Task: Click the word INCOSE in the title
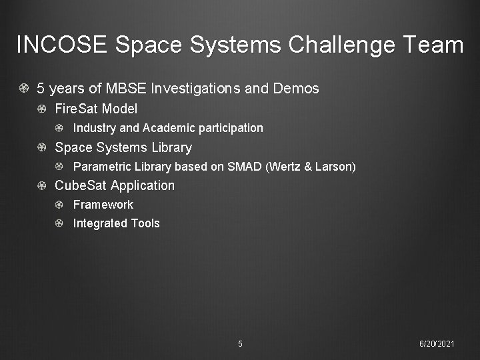coord(61,45)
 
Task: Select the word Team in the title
coord(433,45)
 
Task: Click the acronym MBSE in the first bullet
coord(124,88)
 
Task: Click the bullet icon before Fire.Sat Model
coord(41,109)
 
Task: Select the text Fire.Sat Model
coord(96,108)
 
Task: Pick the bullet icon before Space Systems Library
coord(41,147)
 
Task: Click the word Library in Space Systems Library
coord(171,147)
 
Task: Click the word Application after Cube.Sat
coord(143,185)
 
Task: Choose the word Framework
coord(103,205)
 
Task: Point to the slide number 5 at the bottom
coord(240,344)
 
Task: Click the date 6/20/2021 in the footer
coord(437,344)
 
